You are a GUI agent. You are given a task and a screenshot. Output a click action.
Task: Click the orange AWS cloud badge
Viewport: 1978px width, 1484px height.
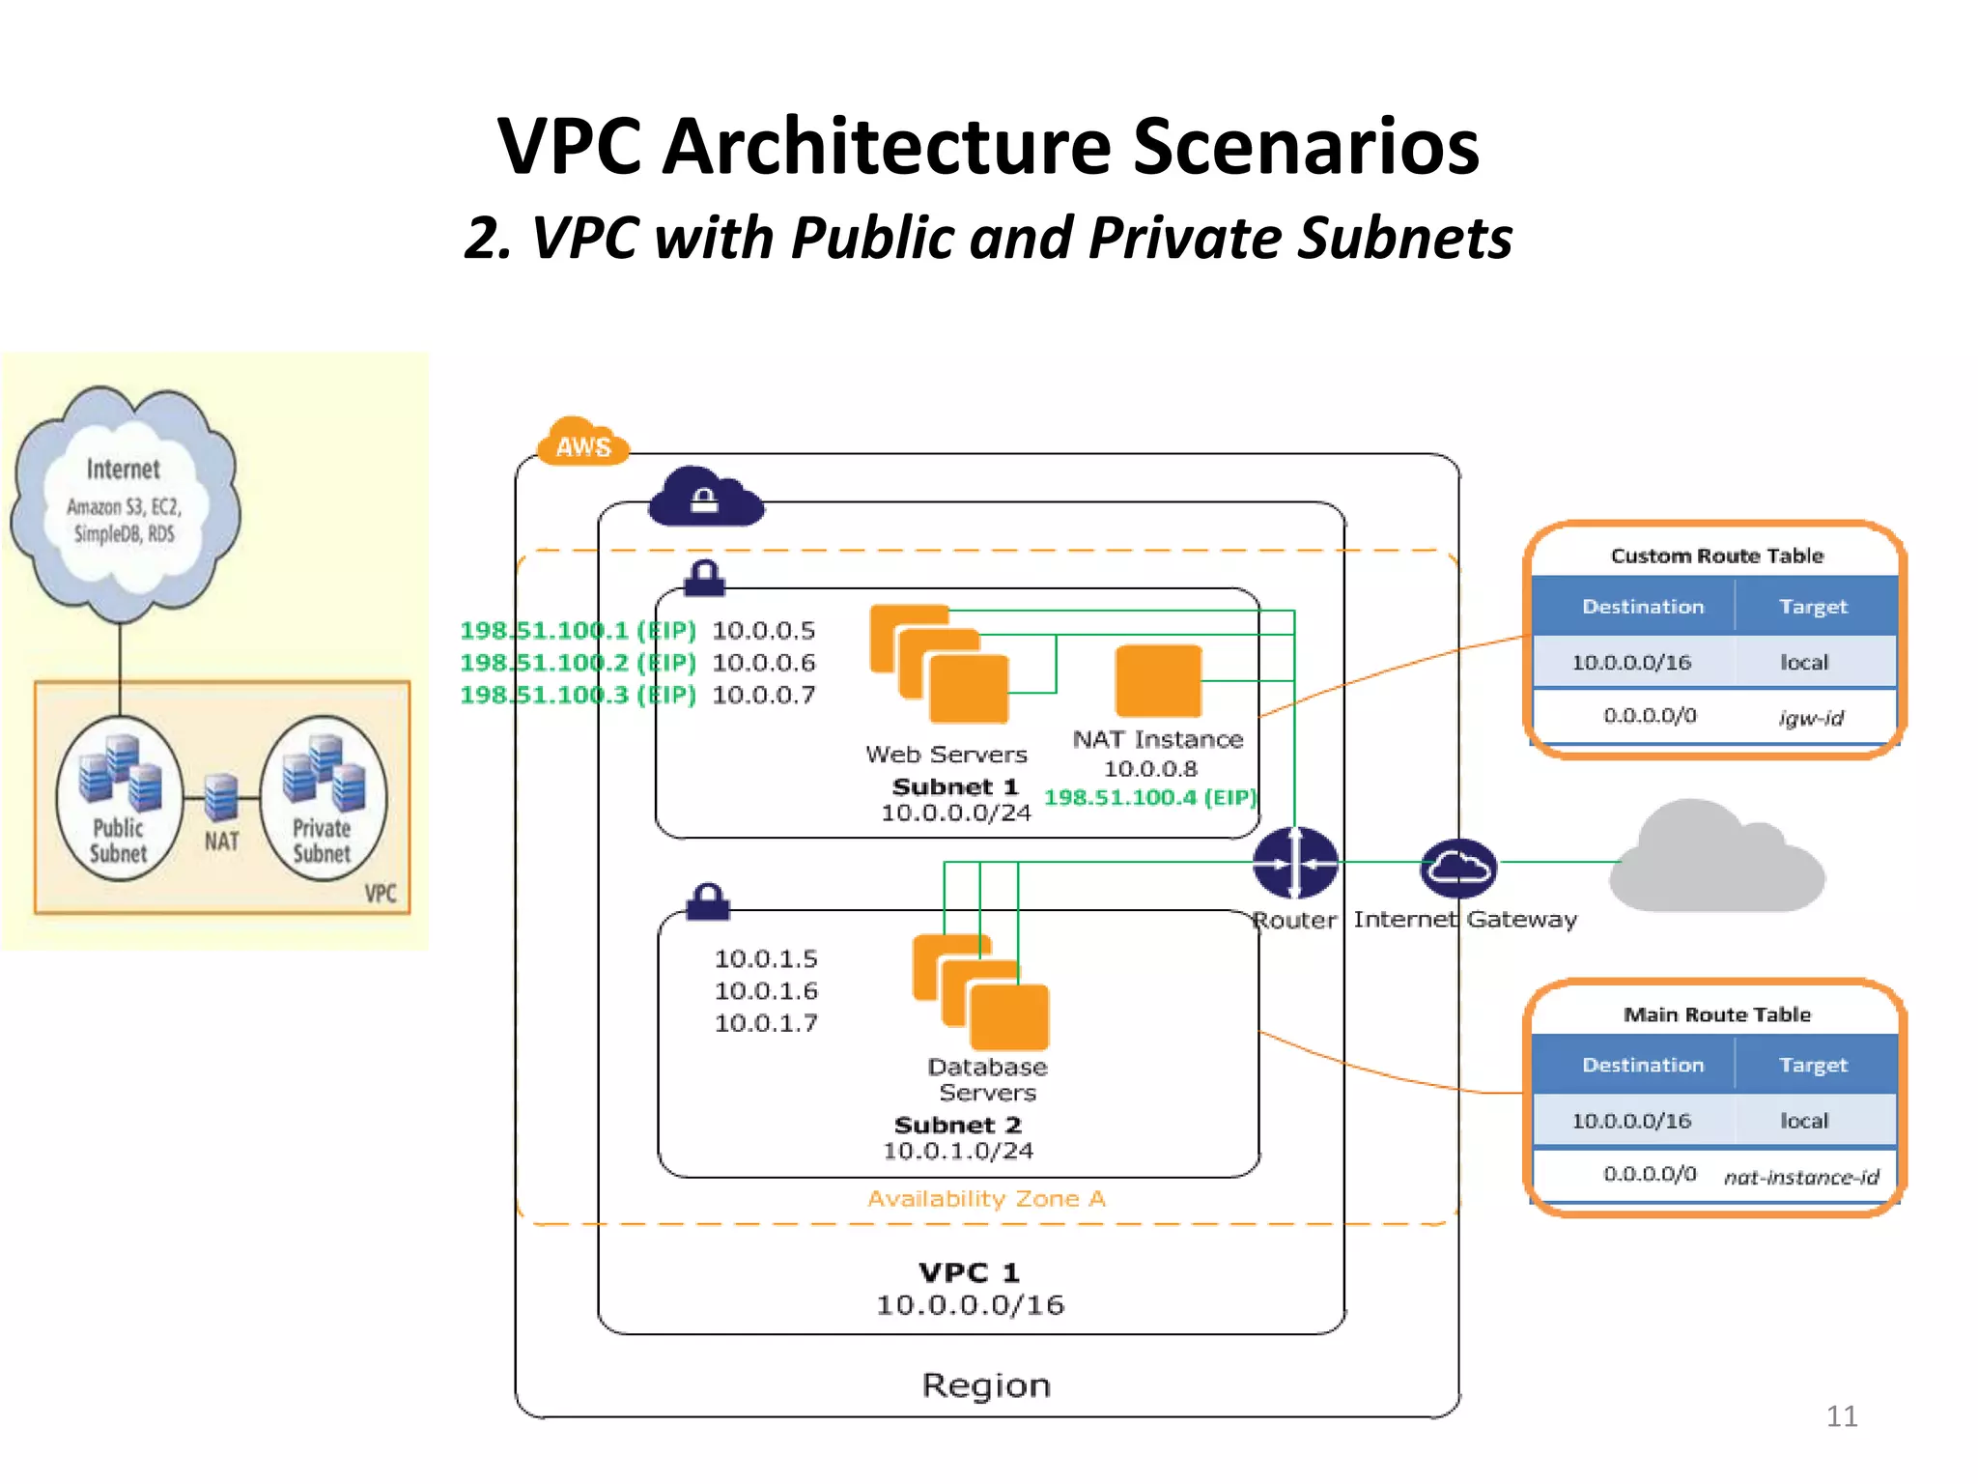pyautogui.click(x=582, y=443)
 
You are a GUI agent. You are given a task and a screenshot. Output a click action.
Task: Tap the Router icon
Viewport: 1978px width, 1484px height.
pyautogui.click(x=1294, y=863)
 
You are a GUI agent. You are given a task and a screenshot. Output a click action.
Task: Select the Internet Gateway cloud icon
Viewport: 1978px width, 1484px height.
pyautogui.click(x=1457, y=867)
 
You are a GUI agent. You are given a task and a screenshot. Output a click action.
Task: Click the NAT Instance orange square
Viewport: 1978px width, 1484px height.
pyautogui.click(x=1158, y=681)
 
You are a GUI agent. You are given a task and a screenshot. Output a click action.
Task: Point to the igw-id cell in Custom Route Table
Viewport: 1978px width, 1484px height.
pyautogui.click(x=1810, y=717)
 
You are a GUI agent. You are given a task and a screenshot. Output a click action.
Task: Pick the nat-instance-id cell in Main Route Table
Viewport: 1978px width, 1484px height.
pyautogui.click(x=1800, y=1176)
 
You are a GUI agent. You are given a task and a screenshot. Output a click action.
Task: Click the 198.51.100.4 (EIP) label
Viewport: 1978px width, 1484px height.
pyautogui.click(x=1149, y=797)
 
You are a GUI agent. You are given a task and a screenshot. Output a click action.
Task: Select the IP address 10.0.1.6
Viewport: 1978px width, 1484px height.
pyautogui.click(x=766, y=990)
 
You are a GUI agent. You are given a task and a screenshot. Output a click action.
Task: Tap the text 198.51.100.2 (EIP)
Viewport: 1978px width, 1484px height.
pyautogui.click(x=578, y=663)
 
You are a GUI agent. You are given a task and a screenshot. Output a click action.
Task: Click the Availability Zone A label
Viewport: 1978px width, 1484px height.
pyautogui.click(x=985, y=1198)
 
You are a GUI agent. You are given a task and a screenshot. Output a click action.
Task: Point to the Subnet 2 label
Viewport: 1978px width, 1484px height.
pyautogui.click(x=957, y=1125)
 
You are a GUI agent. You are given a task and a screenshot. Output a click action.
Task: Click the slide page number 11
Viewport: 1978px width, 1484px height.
pyautogui.click(x=1841, y=1415)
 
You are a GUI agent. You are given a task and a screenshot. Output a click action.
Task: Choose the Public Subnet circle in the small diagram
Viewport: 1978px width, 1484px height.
pyautogui.click(x=119, y=798)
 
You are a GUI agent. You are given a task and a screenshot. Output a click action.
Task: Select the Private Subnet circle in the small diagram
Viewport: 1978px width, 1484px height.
pyautogui.click(x=323, y=798)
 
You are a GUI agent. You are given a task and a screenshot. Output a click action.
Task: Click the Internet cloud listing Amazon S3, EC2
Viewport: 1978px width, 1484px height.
pyautogui.click(x=125, y=502)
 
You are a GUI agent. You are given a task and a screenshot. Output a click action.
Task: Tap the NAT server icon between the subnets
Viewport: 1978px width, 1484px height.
pyautogui.click(x=221, y=798)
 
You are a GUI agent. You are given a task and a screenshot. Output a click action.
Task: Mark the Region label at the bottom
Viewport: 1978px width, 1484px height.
pyautogui.click(x=985, y=1384)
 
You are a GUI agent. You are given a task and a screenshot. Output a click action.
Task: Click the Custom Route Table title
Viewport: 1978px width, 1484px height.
pyautogui.click(x=1716, y=556)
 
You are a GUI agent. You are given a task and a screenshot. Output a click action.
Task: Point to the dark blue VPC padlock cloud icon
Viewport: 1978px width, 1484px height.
pyautogui.click(x=705, y=498)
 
